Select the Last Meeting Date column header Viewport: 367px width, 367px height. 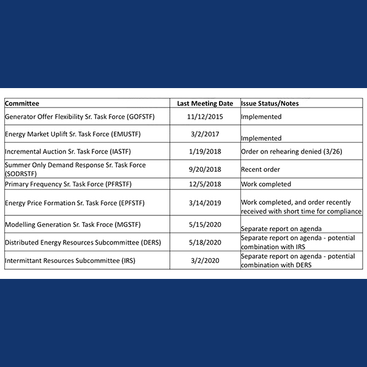coord(205,103)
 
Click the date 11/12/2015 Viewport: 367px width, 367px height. coord(205,116)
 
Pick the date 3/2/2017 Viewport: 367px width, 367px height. coord(205,133)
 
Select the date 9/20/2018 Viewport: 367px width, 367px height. coord(205,169)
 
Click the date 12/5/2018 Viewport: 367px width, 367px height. coord(205,183)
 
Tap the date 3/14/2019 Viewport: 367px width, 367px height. coord(205,202)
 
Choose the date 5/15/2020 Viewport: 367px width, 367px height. coord(205,224)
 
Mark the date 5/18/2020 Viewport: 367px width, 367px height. coord(205,242)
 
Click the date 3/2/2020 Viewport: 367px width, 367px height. coord(205,260)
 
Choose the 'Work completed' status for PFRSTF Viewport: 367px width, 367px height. coord(266,183)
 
